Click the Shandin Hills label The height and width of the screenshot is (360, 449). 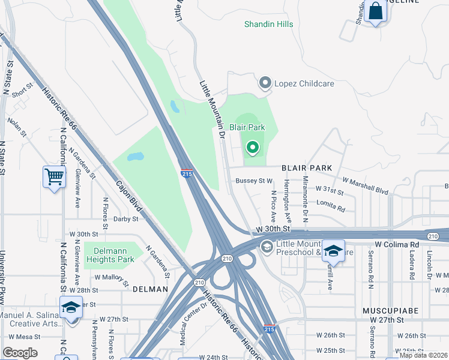coord(268,24)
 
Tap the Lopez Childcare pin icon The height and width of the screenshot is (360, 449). coord(265,83)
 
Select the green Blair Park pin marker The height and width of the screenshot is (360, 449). coord(253,146)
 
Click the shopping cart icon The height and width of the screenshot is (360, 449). coord(55,178)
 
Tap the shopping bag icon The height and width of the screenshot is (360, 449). coord(375,11)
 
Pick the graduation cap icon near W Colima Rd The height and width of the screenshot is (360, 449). coord(333,251)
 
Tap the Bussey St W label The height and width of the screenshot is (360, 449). coord(254,181)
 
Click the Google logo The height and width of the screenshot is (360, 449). coord(20,353)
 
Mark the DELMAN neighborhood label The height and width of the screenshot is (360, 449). coord(150,289)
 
